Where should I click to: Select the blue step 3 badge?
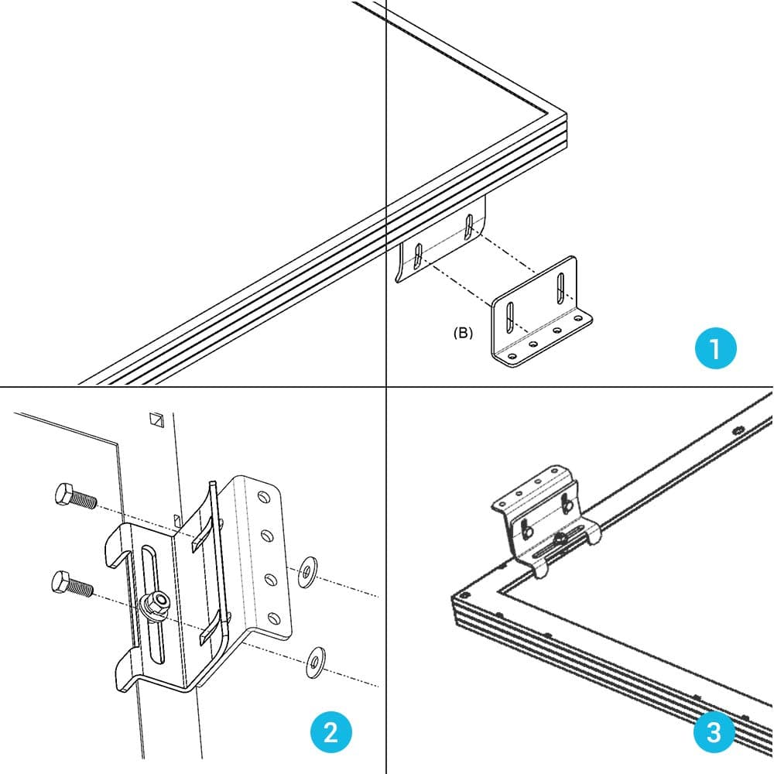click(x=713, y=732)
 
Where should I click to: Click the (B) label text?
click(x=463, y=334)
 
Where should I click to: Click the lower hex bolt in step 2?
click(x=72, y=584)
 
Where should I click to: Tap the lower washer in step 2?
click(x=316, y=661)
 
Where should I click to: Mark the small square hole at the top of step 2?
click(x=157, y=420)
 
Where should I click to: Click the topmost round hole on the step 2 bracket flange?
click(x=264, y=495)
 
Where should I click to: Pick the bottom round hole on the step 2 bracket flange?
click(x=272, y=618)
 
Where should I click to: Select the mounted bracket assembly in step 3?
click(x=544, y=515)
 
